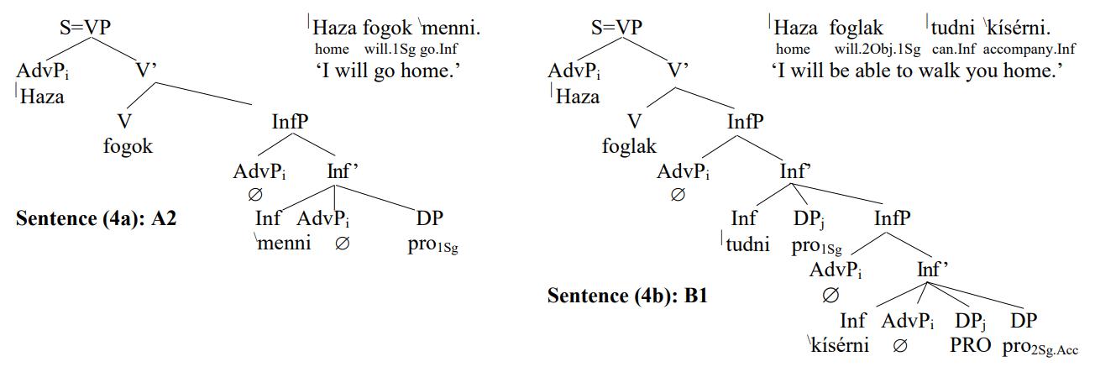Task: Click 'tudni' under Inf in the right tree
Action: click(743, 246)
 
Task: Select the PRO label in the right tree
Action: click(971, 344)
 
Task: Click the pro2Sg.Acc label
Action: click(1040, 346)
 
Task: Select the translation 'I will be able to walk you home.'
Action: click(917, 71)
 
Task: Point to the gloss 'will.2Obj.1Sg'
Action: click(878, 50)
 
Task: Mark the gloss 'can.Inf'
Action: click(951, 50)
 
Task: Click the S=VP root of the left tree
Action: click(84, 28)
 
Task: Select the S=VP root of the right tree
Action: click(616, 28)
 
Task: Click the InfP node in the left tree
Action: click(290, 122)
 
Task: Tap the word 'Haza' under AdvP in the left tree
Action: click(41, 97)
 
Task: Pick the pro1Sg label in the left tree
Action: click(434, 246)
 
